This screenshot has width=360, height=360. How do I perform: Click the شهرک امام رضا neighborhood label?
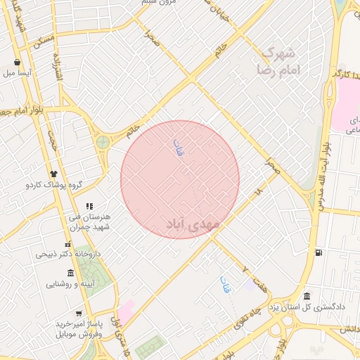click(x=285, y=62)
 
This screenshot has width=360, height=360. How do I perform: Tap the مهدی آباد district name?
click(x=193, y=224)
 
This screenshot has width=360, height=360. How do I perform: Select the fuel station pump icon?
click(x=320, y=252)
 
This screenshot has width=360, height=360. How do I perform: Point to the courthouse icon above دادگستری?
click(x=307, y=296)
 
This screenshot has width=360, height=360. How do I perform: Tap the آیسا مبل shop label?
click(x=19, y=72)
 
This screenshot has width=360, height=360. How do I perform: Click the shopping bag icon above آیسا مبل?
click(x=17, y=62)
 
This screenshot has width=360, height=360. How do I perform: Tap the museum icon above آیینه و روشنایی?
click(x=70, y=273)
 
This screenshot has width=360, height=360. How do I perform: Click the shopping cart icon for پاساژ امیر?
click(x=79, y=314)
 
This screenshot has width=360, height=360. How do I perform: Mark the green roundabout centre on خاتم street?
click(x=103, y=142)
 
